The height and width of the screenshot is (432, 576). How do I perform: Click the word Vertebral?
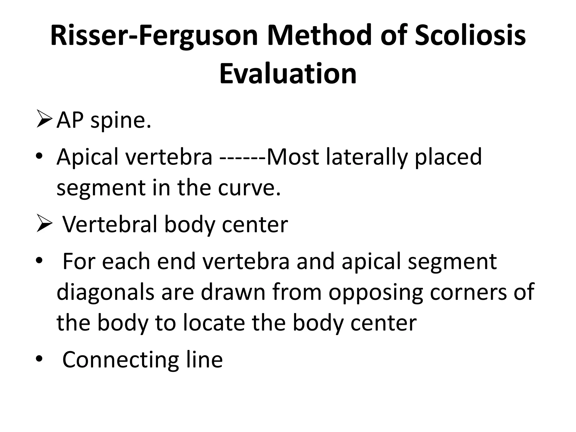point(109,225)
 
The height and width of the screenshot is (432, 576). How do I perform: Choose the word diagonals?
point(105,292)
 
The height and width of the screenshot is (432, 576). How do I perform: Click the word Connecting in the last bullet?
point(120,360)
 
